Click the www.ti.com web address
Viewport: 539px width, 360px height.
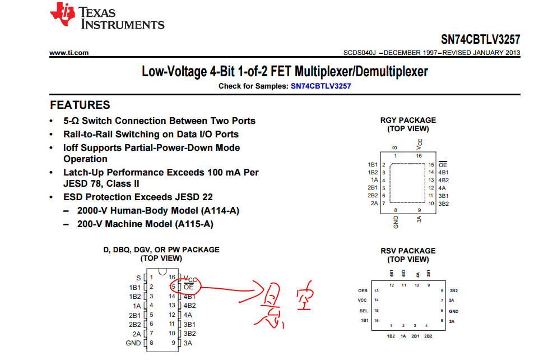click(x=69, y=53)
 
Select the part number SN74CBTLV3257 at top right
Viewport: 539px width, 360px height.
click(x=480, y=40)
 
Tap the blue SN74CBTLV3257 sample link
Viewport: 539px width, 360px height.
click(x=321, y=86)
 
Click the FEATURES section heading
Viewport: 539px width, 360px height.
click(x=80, y=105)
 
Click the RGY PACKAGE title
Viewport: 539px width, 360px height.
click(x=408, y=120)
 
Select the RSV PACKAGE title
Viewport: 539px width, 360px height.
click(x=408, y=251)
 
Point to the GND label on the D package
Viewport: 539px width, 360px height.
click(x=133, y=343)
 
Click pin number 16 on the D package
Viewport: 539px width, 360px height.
click(x=172, y=278)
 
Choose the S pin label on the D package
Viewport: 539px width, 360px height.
click(x=138, y=278)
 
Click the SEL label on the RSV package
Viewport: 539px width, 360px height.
click(x=363, y=310)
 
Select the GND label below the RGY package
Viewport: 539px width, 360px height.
click(x=396, y=222)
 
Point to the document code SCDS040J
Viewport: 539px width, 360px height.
click(x=360, y=53)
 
